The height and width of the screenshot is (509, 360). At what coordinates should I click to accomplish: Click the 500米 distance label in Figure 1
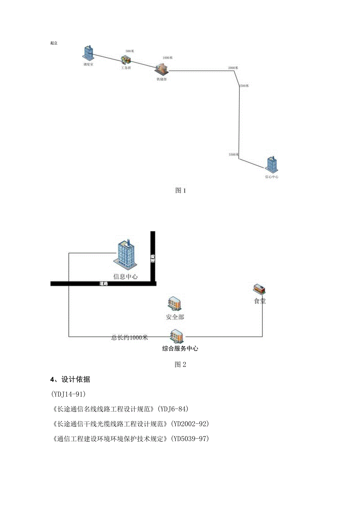pos(130,51)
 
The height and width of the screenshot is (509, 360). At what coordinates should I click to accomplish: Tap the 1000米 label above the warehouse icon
pos(167,58)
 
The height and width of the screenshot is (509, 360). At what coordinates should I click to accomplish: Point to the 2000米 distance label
pos(233,68)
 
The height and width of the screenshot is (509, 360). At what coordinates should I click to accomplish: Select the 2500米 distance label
pos(244,86)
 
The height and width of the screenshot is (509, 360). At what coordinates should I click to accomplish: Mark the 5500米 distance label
pos(234,155)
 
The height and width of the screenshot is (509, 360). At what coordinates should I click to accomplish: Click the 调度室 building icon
pos(88,53)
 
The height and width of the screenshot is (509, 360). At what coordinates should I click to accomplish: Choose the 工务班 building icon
pos(126,60)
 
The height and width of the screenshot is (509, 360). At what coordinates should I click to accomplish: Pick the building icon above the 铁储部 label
pos(161,68)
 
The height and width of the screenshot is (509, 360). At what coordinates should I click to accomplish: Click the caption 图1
pos(180,191)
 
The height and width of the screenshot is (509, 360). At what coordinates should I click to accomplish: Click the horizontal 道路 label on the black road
pos(104,284)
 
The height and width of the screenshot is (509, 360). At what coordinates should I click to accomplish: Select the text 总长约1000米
pos(130,338)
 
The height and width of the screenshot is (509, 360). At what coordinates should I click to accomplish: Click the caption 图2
pos(180,365)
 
